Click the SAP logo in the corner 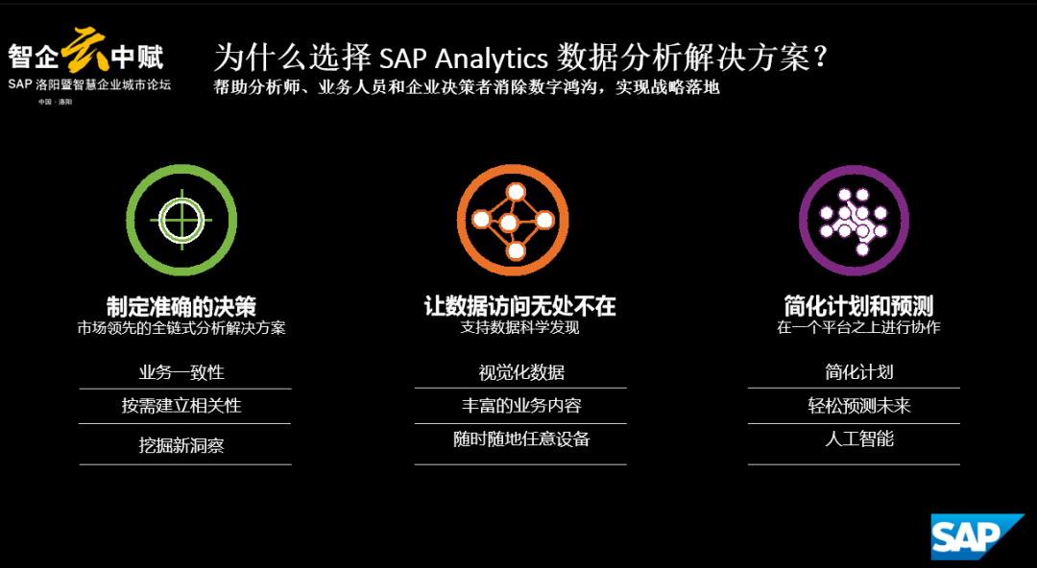pos(977,535)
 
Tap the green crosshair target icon pos(181,220)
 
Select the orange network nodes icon pos(513,220)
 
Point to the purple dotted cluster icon pos(854,220)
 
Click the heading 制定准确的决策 pos(181,307)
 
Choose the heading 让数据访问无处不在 pos(520,306)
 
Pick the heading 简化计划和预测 pos(858,306)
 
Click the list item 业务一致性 pos(181,372)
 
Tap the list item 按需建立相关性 pos(181,405)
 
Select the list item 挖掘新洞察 pos(181,446)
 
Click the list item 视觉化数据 pos(521,372)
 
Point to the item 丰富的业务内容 pos(521,405)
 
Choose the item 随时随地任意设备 pos(521,439)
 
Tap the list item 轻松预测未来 pos(859,405)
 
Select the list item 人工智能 pos(859,439)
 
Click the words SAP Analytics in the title pos(464,59)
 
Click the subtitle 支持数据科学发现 pos(519,327)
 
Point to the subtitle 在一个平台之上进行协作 pos(858,327)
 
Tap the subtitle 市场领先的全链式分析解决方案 pos(181,328)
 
